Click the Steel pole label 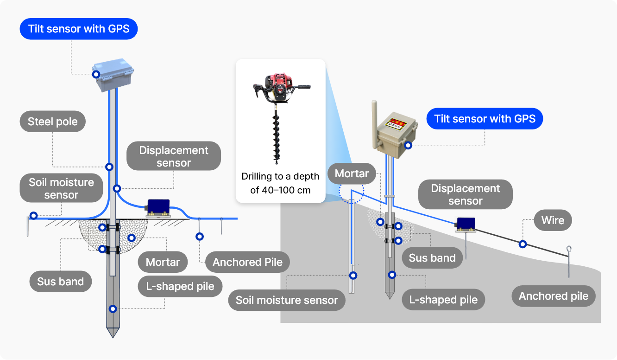tap(53, 122)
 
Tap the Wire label tap(553, 220)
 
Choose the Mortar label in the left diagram tap(163, 262)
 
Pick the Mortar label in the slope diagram tap(352, 174)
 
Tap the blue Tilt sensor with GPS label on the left tap(79, 29)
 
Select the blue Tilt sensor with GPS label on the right tap(485, 119)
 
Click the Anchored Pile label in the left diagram tap(247, 262)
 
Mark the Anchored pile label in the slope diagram tap(554, 296)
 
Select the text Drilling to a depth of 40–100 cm tap(280, 183)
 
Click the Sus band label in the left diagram tap(60, 282)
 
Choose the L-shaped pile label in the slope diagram tap(443, 300)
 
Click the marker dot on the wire tap(523, 244)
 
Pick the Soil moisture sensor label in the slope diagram tap(287, 300)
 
